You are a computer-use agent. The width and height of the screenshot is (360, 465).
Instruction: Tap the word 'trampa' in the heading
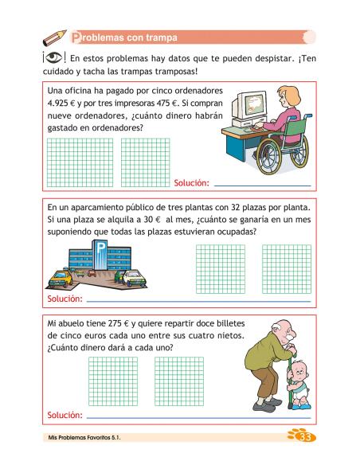coord(159,37)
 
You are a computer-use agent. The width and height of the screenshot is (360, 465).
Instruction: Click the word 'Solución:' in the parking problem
coord(65,300)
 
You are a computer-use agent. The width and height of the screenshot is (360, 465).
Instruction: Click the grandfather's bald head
coord(276,328)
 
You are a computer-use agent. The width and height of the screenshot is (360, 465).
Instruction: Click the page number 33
coord(303,437)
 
